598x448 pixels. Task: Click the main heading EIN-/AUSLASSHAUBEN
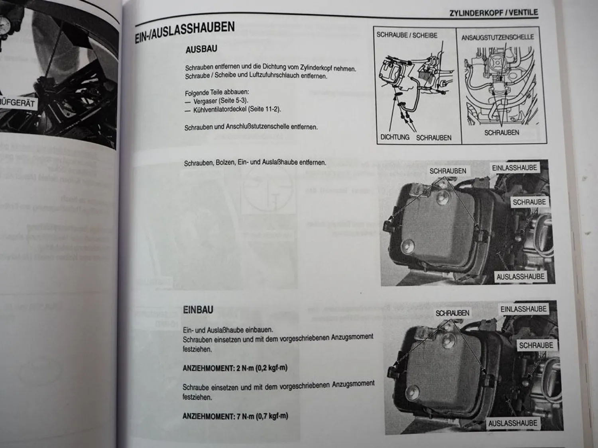[x=185, y=33]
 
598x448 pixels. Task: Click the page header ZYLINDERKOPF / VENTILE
[x=494, y=13]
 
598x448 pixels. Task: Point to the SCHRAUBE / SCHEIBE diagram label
[x=407, y=35]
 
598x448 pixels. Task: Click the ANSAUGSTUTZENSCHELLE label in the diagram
[x=498, y=37]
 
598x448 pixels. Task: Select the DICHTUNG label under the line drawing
[x=395, y=137]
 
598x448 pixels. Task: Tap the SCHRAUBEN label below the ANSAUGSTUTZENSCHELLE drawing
[x=502, y=133]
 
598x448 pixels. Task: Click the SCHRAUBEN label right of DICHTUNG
[x=434, y=138]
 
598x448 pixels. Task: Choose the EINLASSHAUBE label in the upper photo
[x=514, y=168]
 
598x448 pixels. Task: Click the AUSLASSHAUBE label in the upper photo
[x=520, y=276]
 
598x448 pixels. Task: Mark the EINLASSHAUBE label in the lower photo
[x=523, y=309]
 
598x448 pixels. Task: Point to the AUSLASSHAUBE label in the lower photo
[x=513, y=423]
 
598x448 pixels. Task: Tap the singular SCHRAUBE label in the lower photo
[x=536, y=345]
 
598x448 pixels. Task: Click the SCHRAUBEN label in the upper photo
[x=448, y=171]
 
